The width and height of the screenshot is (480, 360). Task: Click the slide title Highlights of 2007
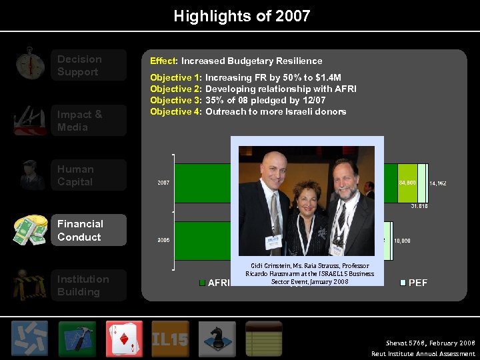coord(241,16)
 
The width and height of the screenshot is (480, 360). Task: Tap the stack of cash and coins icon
coord(30,230)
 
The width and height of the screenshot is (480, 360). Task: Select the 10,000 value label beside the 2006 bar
coord(402,240)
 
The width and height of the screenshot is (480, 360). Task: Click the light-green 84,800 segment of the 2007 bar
coord(407,182)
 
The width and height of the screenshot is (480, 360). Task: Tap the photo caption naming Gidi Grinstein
coord(309,273)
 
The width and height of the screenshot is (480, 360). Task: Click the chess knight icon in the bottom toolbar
coord(217,339)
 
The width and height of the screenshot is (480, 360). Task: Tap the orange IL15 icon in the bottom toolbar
coord(170,339)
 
